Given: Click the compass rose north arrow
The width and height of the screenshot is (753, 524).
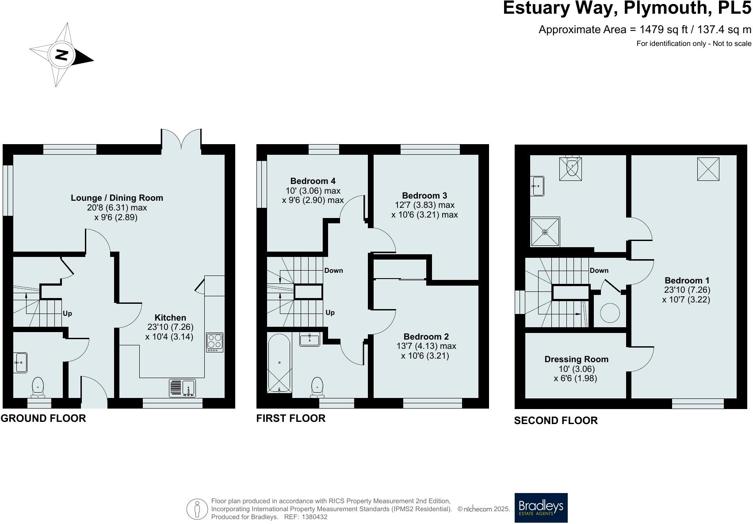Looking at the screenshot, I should (x=62, y=55).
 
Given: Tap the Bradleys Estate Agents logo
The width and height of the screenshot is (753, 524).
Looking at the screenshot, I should (x=541, y=508).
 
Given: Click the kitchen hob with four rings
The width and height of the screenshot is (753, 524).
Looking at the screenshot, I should (x=214, y=342).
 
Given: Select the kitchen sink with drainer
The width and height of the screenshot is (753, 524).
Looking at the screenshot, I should (x=183, y=388).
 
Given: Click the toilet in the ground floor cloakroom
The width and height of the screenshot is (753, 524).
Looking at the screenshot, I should (x=38, y=387).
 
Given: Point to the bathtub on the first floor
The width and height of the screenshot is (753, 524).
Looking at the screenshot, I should (x=279, y=363).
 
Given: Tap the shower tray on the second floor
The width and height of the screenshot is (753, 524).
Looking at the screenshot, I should (x=545, y=231).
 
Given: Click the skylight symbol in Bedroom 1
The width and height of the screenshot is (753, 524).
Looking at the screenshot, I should (x=708, y=169).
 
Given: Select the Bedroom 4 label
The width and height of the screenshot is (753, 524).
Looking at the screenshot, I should (x=313, y=181).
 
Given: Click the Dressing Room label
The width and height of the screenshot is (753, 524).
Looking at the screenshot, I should (x=576, y=359).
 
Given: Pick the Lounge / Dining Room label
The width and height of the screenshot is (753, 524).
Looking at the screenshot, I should (x=117, y=198).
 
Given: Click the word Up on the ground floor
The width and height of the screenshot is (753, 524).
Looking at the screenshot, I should (x=67, y=314).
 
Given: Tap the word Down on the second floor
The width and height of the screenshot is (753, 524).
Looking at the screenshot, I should (x=599, y=271).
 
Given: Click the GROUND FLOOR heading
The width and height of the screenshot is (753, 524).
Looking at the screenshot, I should (x=43, y=418).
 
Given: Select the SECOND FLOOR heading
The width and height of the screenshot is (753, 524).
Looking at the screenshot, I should (x=555, y=421).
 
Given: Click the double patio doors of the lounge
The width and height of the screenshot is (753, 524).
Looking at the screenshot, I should (x=181, y=139).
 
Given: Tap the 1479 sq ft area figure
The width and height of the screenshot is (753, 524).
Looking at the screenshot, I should (x=658, y=30).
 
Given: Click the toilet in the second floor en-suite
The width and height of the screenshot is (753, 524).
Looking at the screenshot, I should (x=572, y=167).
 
